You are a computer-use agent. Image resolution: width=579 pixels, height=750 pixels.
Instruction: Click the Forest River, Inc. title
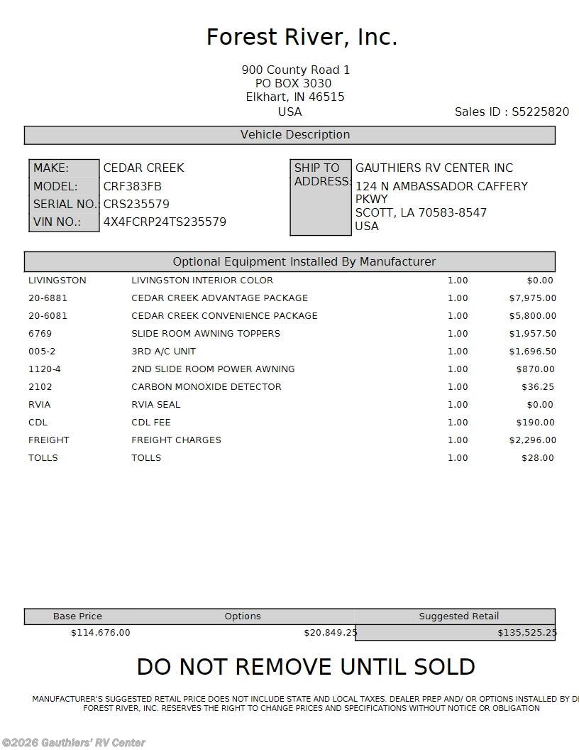[302, 37]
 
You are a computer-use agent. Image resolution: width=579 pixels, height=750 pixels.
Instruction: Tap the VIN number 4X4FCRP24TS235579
[165, 222]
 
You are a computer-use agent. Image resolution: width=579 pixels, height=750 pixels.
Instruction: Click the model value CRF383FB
[133, 186]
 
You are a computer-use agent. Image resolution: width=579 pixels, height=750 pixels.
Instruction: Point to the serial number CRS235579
[136, 204]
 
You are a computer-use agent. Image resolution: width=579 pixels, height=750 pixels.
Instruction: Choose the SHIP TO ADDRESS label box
[321, 197]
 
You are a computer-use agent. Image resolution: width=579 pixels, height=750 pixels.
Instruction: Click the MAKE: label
[51, 168]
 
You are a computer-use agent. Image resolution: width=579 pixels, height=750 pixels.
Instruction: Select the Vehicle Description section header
[289, 135]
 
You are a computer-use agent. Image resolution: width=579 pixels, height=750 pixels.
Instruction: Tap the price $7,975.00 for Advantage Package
[532, 298]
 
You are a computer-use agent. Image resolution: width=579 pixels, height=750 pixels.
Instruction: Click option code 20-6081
[48, 316]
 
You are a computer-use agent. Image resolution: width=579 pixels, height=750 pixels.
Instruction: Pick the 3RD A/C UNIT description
[163, 352]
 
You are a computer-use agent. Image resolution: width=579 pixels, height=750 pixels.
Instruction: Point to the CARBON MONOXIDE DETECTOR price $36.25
[537, 387]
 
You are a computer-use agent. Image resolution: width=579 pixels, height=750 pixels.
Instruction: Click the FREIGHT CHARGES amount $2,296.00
[532, 440]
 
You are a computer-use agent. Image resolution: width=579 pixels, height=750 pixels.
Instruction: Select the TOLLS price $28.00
[537, 458]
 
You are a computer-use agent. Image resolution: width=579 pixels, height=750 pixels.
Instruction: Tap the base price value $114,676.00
[100, 633]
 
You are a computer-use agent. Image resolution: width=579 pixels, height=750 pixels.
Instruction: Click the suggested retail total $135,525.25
[526, 633]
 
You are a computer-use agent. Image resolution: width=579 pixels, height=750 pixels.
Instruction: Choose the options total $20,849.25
[330, 633]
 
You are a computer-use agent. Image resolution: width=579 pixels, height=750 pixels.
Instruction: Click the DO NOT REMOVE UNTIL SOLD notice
[306, 667]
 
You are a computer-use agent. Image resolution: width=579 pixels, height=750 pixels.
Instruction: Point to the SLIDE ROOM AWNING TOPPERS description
[206, 334]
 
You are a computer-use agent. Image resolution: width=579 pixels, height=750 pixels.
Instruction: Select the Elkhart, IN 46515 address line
[295, 97]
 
